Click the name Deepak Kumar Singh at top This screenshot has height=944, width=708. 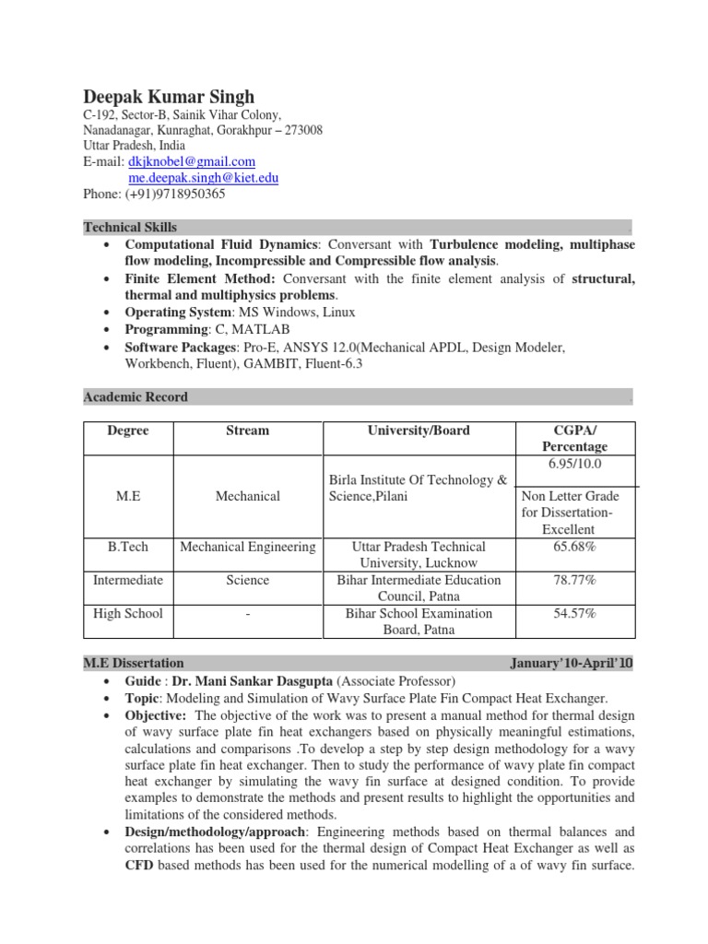(169, 98)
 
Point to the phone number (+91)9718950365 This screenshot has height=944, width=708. (175, 195)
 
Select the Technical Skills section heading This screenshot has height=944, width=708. (130, 227)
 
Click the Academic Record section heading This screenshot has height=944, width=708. (136, 396)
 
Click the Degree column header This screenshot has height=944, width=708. (127, 431)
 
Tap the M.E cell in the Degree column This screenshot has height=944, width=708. (127, 496)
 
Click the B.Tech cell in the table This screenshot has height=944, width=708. (127, 547)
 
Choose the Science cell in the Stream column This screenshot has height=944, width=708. (247, 580)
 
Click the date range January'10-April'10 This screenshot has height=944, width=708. (571, 663)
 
